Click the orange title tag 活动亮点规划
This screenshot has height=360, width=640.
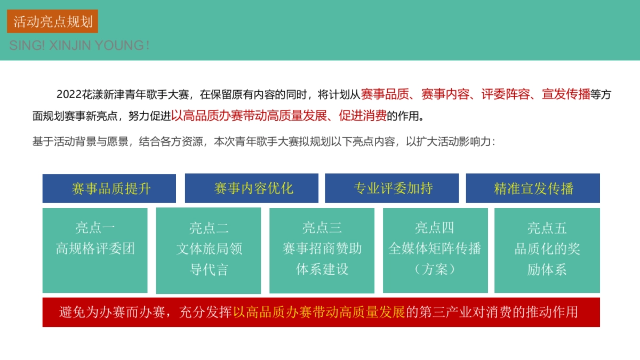point(53,21)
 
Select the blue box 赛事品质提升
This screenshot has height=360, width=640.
point(109,188)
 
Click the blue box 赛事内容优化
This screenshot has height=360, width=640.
point(252,188)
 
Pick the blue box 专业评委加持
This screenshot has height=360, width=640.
point(392,188)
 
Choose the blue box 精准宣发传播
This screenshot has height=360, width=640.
point(533,188)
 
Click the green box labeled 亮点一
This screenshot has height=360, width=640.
point(95,250)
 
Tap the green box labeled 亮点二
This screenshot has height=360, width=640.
point(209,250)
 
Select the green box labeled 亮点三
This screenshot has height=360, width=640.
point(322,250)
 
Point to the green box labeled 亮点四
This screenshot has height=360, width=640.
point(435,250)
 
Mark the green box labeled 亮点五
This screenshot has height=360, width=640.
point(547,250)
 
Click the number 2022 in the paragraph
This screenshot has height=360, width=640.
point(68,95)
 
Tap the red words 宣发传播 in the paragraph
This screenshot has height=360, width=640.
point(566,95)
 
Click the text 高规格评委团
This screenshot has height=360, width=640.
point(95,249)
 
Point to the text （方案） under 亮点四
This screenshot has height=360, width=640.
point(435,269)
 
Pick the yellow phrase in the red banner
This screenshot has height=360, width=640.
point(319,312)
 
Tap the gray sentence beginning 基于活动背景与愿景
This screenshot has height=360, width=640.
point(264,142)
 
